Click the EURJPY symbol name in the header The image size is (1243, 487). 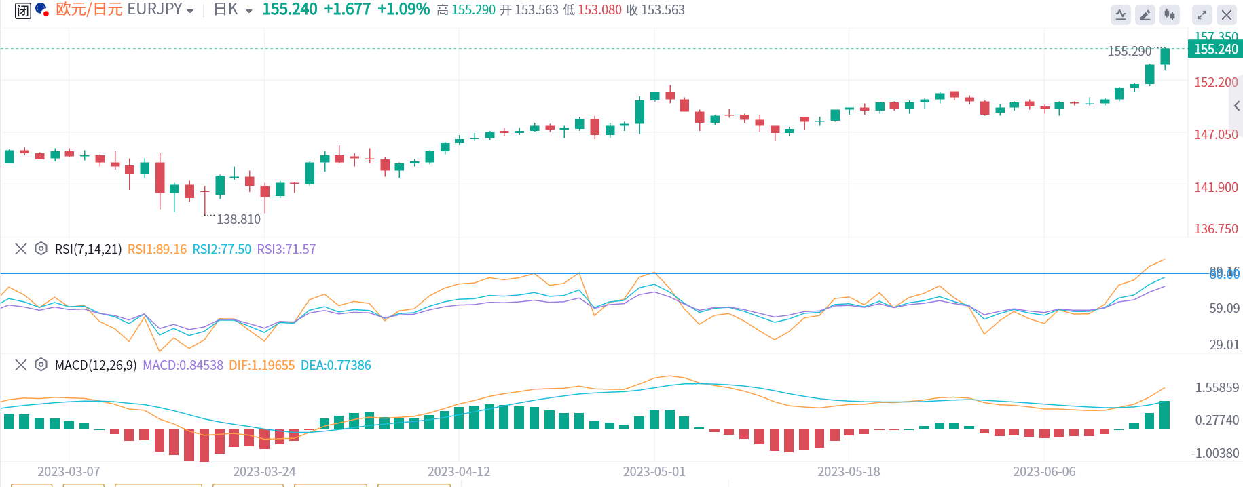(x=155, y=9)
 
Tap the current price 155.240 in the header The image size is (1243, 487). (x=290, y=9)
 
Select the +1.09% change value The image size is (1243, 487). (x=403, y=9)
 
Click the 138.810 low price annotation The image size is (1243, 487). (x=238, y=219)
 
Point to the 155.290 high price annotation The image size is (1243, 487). (x=1130, y=51)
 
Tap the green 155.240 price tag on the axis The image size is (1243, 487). (x=1215, y=49)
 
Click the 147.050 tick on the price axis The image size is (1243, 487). (x=1216, y=134)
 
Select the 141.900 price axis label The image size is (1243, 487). (x=1216, y=187)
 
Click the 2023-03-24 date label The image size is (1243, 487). (x=264, y=471)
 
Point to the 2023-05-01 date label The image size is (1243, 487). (x=654, y=471)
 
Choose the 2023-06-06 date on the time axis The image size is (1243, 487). (x=1044, y=471)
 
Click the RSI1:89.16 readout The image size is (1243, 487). (x=157, y=249)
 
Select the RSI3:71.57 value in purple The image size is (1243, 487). (x=286, y=249)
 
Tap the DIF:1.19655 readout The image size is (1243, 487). (x=261, y=365)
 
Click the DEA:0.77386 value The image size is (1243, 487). (x=335, y=365)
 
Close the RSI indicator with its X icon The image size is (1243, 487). (x=21, y=249)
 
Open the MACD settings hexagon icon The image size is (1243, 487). (x=41, y=365)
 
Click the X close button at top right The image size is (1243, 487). (x=1226, y=14)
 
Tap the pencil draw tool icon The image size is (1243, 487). (x=1145, y=14)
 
